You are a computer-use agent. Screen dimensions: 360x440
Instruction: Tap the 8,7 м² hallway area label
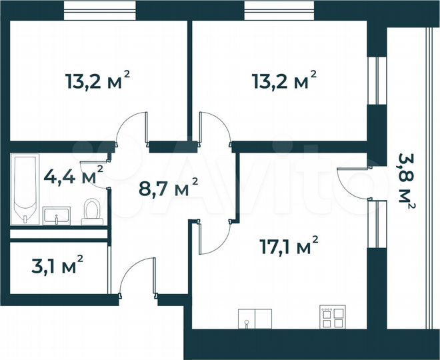pyautogui.click(x=167, y=187)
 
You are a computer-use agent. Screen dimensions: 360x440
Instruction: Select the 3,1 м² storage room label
pyautogui.click(x=57, y=267)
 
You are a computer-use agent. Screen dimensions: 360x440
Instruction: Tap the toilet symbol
pyautogui.click(x=91, y=211)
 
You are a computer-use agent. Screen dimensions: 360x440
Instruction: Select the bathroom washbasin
pyautogui.click(x=57, y=215)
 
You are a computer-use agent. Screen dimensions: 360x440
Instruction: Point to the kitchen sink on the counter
pyautogui.click(x=247, y=319)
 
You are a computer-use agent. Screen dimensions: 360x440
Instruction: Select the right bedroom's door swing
pyautogui.click(x=213, y=130)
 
